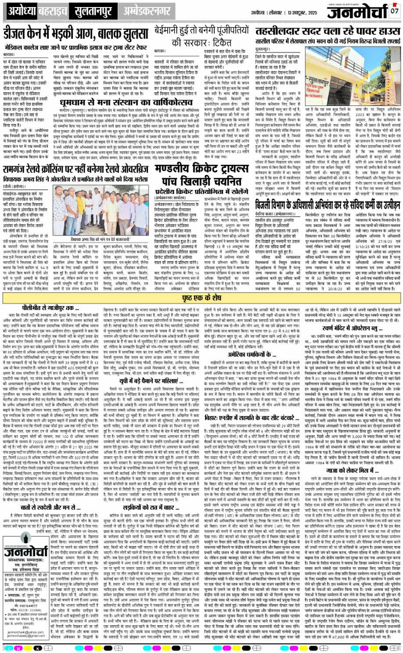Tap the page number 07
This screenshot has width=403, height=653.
point(394,11)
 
